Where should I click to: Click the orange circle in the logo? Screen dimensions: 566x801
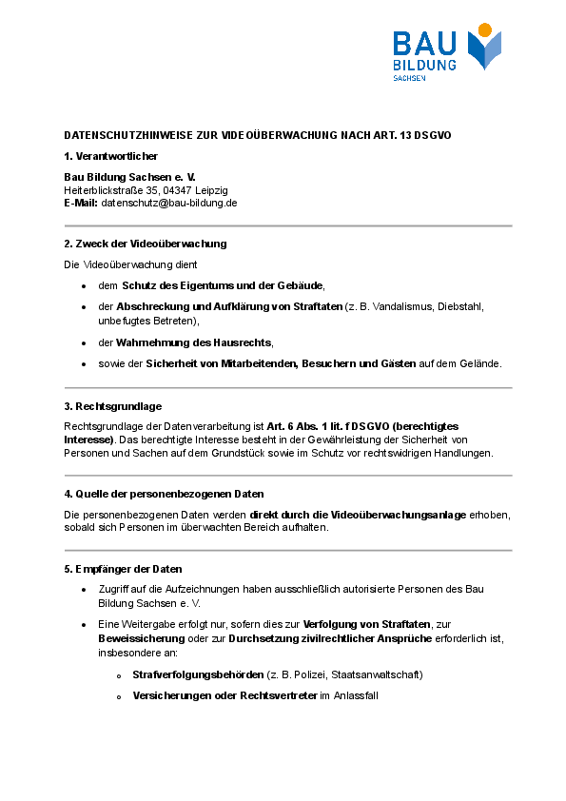pos(484,30)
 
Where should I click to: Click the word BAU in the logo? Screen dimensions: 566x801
pos(425,43)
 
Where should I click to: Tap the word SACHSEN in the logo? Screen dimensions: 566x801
pos(409,78)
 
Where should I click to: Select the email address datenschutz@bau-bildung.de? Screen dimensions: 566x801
pos(169,203)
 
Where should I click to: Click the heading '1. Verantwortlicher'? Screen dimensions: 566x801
pos(110,156)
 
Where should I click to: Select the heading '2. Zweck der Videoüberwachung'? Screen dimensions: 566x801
pos(145,244)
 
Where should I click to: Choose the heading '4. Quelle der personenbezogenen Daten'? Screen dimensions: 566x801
pos(164,494)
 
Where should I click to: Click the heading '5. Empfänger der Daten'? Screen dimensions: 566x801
pos(123,569)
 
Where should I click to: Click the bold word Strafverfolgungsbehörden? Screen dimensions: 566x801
pos(198,674)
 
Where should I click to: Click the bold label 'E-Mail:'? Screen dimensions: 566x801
pos(81,203)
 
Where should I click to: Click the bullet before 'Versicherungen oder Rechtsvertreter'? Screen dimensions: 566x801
pos(119,697)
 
